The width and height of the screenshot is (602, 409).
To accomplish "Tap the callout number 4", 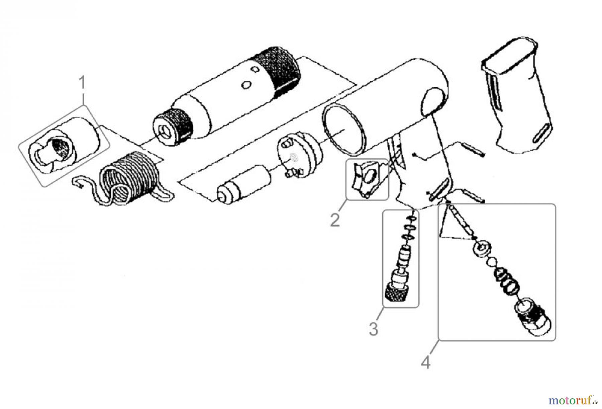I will click(x=425, y=362).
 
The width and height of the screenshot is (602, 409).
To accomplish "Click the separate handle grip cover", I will click(x=518, y=97).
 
